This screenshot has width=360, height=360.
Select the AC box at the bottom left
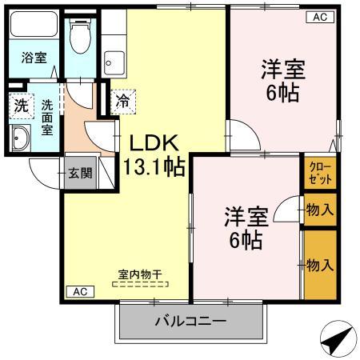(x=78, y=291)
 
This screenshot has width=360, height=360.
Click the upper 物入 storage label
(x=319, y=210)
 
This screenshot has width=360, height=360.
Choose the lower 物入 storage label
(x=319, y=263)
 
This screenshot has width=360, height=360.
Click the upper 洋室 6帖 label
(x=282, y=79)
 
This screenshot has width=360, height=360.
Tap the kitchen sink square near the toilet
(x=114, y=61)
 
